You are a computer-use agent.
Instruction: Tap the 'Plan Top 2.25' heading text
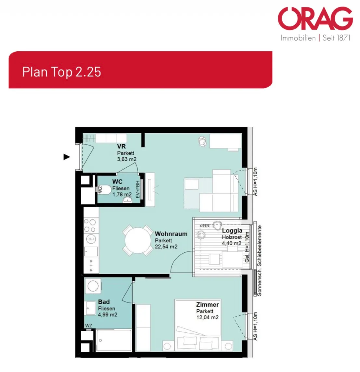tap(62, 72)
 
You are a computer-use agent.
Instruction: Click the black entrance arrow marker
tap(67, 157)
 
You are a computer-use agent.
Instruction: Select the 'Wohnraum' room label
tap(171, 234)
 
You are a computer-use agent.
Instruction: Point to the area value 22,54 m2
tap(166, 247)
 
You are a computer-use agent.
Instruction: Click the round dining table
tap(138, 240)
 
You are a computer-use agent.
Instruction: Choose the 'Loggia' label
tap(232, 231)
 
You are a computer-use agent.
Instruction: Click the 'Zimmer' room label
tap(207, 304)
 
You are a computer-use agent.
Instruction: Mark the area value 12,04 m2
tap(207, 317)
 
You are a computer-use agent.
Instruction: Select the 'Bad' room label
tap(104, 302)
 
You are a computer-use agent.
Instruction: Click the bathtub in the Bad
tap(114, 340)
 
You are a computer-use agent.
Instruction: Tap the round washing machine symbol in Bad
tap(93, 286)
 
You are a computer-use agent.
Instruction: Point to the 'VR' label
tap(121, 147)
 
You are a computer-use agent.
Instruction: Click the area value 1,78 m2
tap(122, 195)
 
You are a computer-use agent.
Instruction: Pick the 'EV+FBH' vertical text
tap(138, 189)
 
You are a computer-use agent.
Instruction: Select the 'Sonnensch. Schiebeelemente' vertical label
tap(259, 261)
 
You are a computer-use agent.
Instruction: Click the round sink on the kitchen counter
tap(91, 239)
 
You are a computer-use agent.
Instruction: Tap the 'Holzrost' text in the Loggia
tap(232, 237)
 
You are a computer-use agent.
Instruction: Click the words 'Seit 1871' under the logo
tap(337, 38)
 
